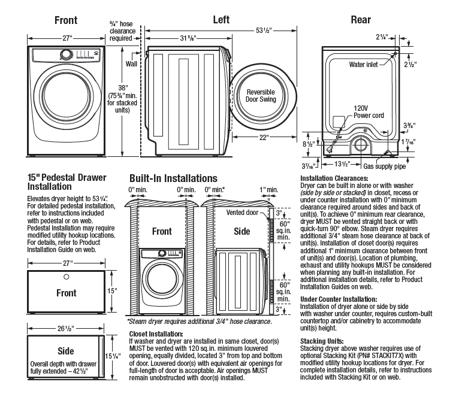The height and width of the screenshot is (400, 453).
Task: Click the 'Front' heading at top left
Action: pyautogui.click(x=66, y=20)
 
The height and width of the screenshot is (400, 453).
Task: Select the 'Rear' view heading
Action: pyautogui.click(x=361, y=20)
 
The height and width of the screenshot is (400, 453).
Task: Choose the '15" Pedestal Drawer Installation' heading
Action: pyautogui.click(x=67, y=182)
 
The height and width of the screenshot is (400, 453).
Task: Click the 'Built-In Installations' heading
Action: pyautogui.click(x=174, y=178)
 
